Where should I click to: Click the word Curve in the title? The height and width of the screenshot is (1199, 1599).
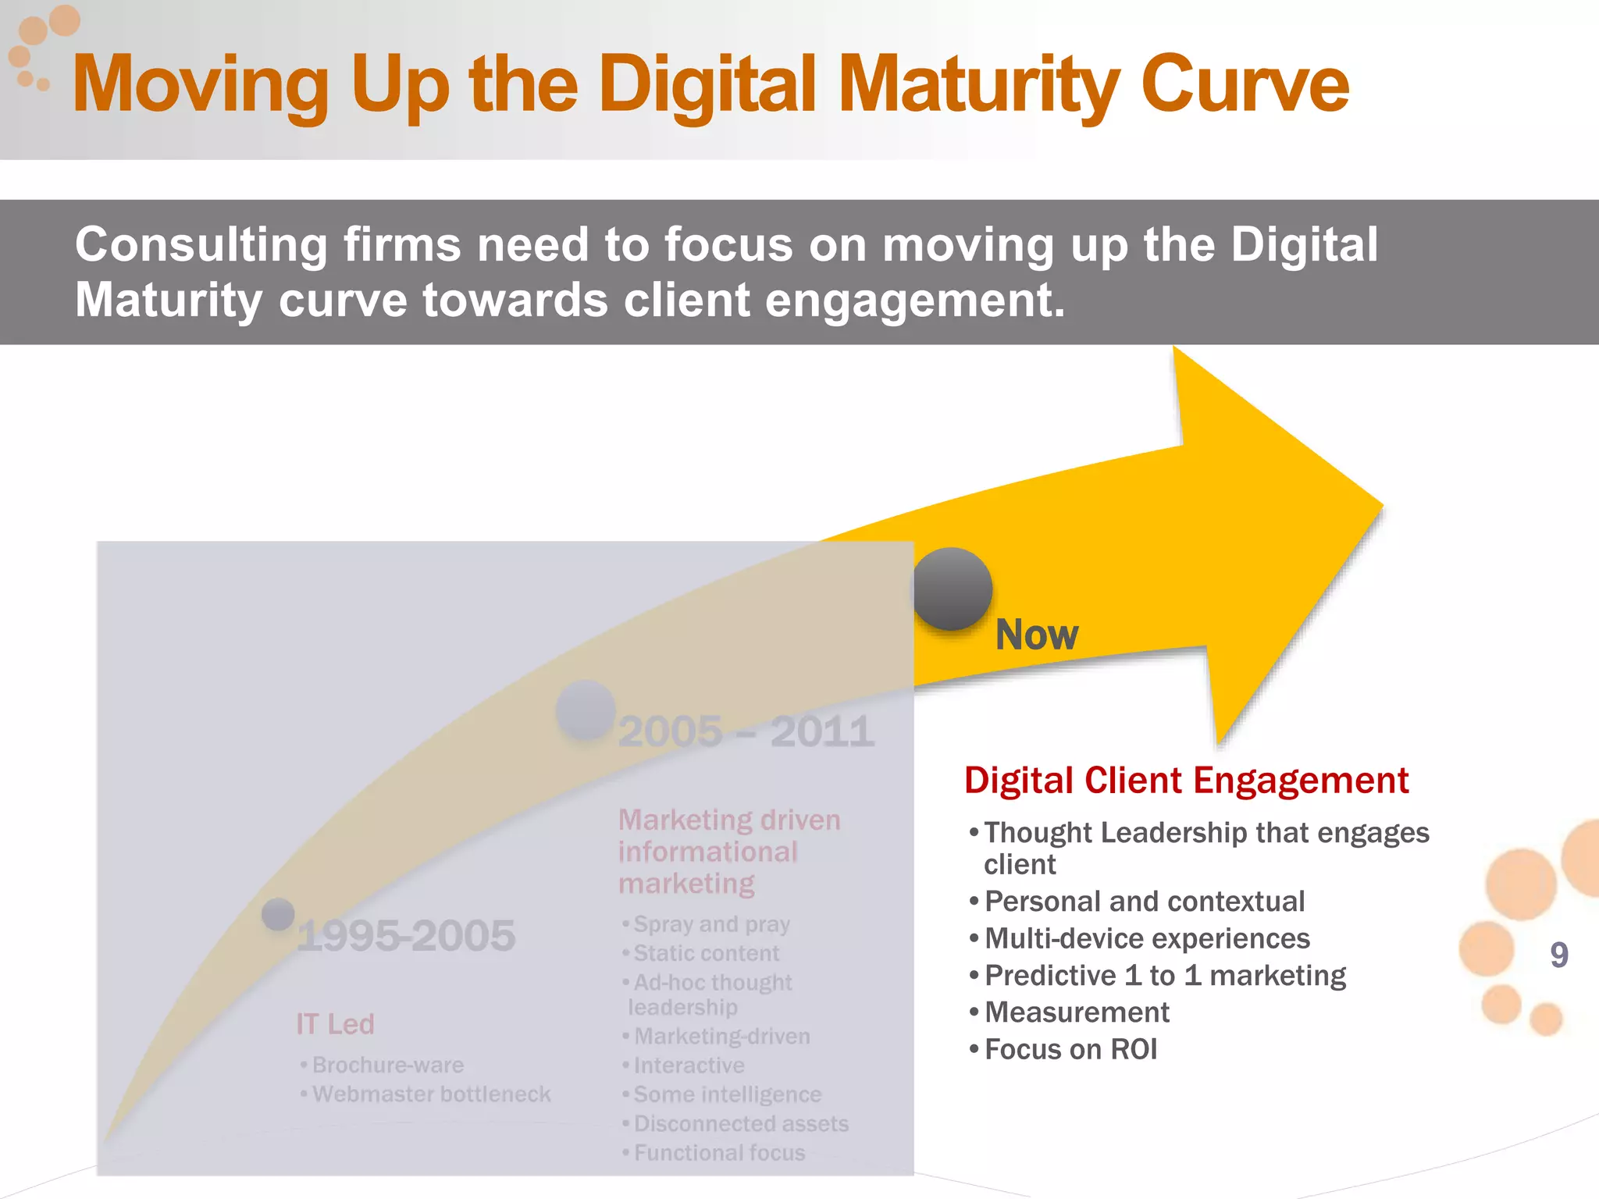tap(1245, 84)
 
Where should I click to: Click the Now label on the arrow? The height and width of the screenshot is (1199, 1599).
tap(1036, 635)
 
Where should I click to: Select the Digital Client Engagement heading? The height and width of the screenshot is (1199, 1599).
tap(1186, 780)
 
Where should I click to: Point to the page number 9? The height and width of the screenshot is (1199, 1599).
tap(1558, 955)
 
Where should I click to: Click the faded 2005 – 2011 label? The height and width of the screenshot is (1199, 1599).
tap(746, 731)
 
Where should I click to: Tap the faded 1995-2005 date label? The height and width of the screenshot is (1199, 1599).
tap(406, 935)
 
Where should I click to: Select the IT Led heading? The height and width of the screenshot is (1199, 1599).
tap(335, 1023)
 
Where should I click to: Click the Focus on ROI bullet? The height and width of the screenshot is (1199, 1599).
tap(1070, 1049)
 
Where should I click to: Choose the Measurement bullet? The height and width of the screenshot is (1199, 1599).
tap(1076, 1012)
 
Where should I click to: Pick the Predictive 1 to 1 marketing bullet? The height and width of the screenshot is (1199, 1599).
tap(1164, 976)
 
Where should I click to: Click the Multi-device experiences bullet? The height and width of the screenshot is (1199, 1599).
tap(1146, 938)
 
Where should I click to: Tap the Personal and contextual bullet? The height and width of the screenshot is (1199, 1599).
tap(1144, 902)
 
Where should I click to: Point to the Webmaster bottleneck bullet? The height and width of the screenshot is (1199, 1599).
tap(431, 1094)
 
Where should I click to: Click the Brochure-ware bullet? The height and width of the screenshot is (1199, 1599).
tap(387, 1065)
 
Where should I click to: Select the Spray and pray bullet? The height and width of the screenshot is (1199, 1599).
tap(710, 924)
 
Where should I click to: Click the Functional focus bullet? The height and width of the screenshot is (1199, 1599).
tap(718, 1152)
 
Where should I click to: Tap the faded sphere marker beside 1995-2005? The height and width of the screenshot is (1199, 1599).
tap(278, 914)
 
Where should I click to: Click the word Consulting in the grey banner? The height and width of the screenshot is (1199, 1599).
tap(201, 244)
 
